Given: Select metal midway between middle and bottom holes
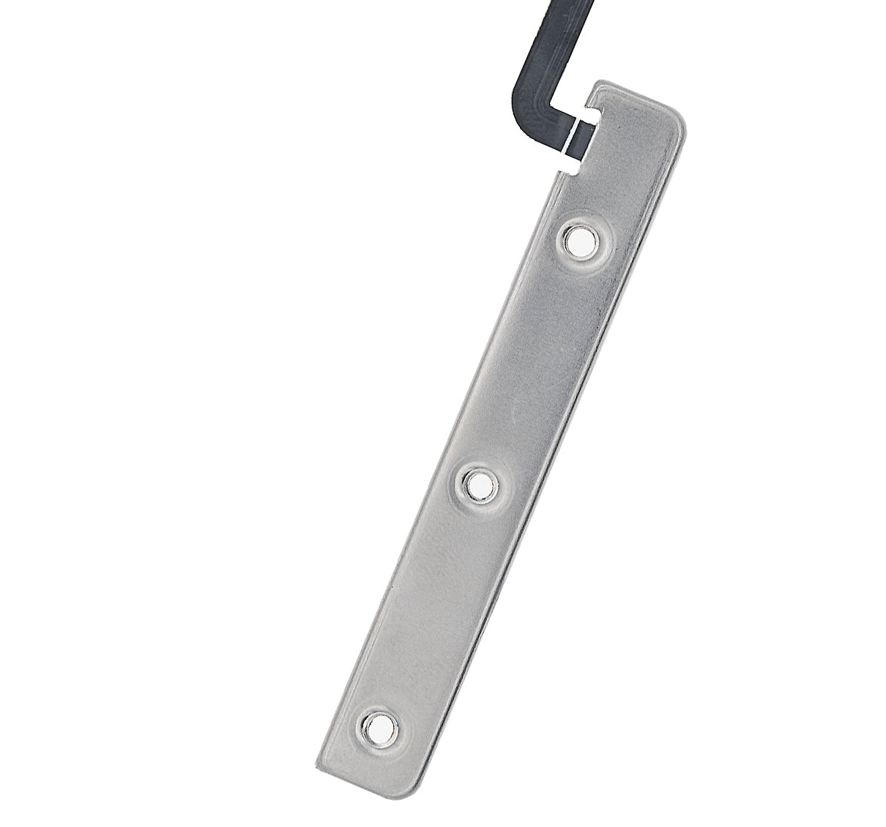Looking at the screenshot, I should pos(429,605).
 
